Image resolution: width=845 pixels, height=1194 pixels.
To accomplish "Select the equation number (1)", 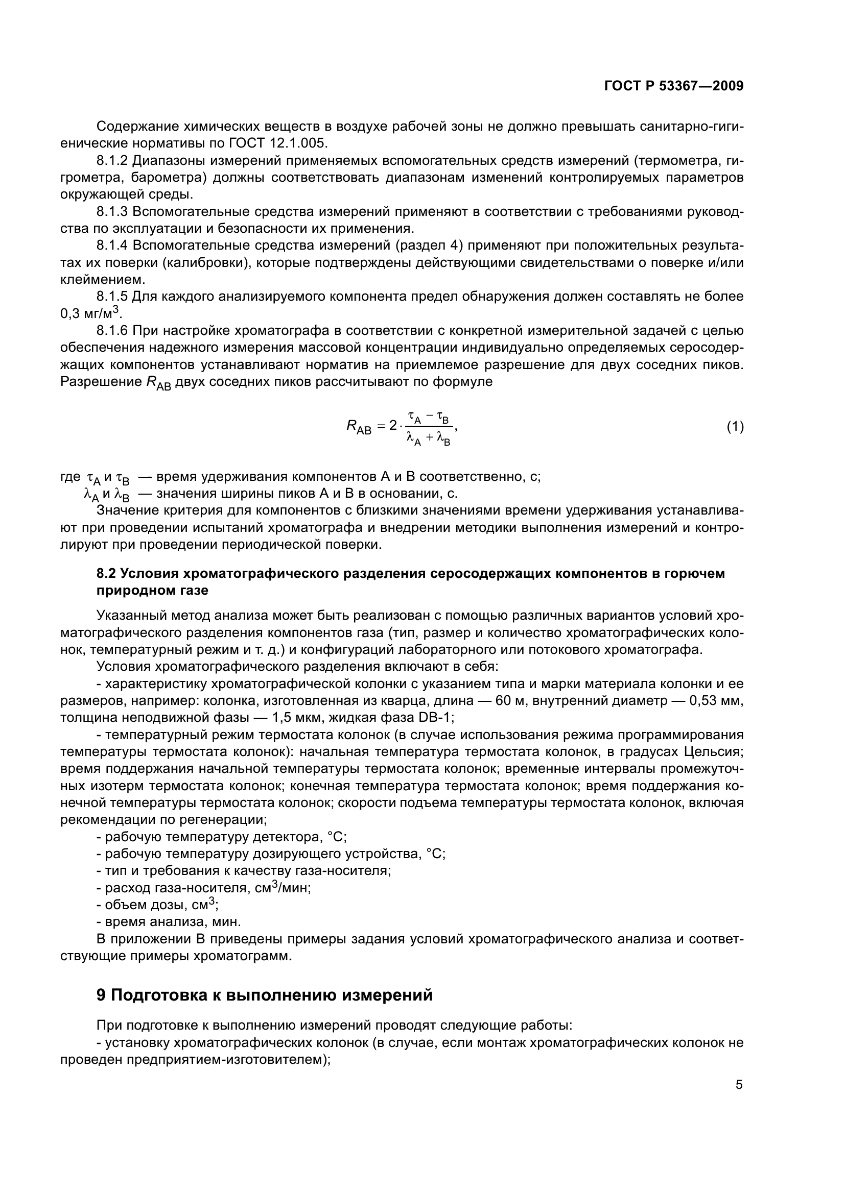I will (x=735, y=427).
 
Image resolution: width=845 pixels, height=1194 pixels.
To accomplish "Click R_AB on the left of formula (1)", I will (x=359, y=428).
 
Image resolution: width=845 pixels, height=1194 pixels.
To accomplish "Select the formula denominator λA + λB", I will (x=428, y=440).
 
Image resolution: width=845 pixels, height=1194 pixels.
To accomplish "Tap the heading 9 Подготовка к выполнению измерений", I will (x=264, y=995).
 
